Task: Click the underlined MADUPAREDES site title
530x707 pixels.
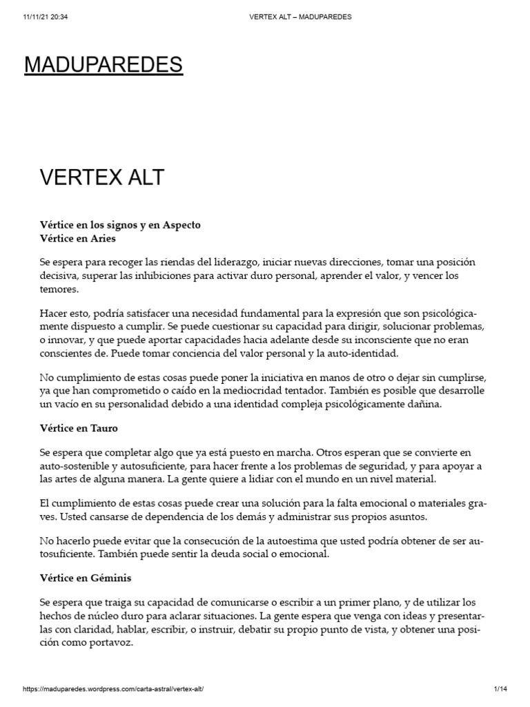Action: pos(104,65)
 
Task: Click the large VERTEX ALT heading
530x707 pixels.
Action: pos(101,177)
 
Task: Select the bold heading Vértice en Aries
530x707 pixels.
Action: pos(78,238)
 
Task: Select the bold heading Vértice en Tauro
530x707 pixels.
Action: pos(79,428)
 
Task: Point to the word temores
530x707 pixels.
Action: pos(59,290)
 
